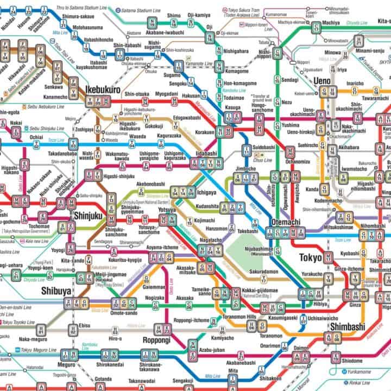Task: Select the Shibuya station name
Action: pos(56,291)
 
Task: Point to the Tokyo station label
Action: pos(310,257)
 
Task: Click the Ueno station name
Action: pos(325,81)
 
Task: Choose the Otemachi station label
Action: pos(283,222)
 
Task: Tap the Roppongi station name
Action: pos(157,339)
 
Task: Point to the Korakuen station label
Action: pos(206,132)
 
